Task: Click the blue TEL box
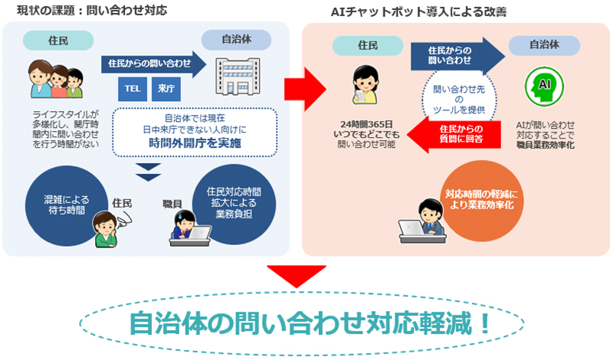coord(133,89)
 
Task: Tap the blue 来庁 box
coord(166,89)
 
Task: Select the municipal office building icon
coord(238,77)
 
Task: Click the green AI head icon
coord(544,87)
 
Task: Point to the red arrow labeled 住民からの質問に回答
coord(454,134)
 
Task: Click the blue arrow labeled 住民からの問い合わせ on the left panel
coord(154,64)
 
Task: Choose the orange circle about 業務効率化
coord(482,201)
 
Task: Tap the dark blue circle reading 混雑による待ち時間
coord(66,205)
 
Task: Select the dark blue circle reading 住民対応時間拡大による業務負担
coord(234,204)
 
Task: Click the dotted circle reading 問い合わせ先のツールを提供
coord(459,100)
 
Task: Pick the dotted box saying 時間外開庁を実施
coord(195,132)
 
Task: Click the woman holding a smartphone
coord(366,85)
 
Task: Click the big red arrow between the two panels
coord(305,89)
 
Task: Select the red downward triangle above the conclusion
coord(297,275)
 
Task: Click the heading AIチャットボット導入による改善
coord(418,12)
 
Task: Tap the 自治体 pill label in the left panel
coord(236,40)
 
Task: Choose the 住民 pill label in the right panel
coord(368,45)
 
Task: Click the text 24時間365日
coord(366,124)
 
